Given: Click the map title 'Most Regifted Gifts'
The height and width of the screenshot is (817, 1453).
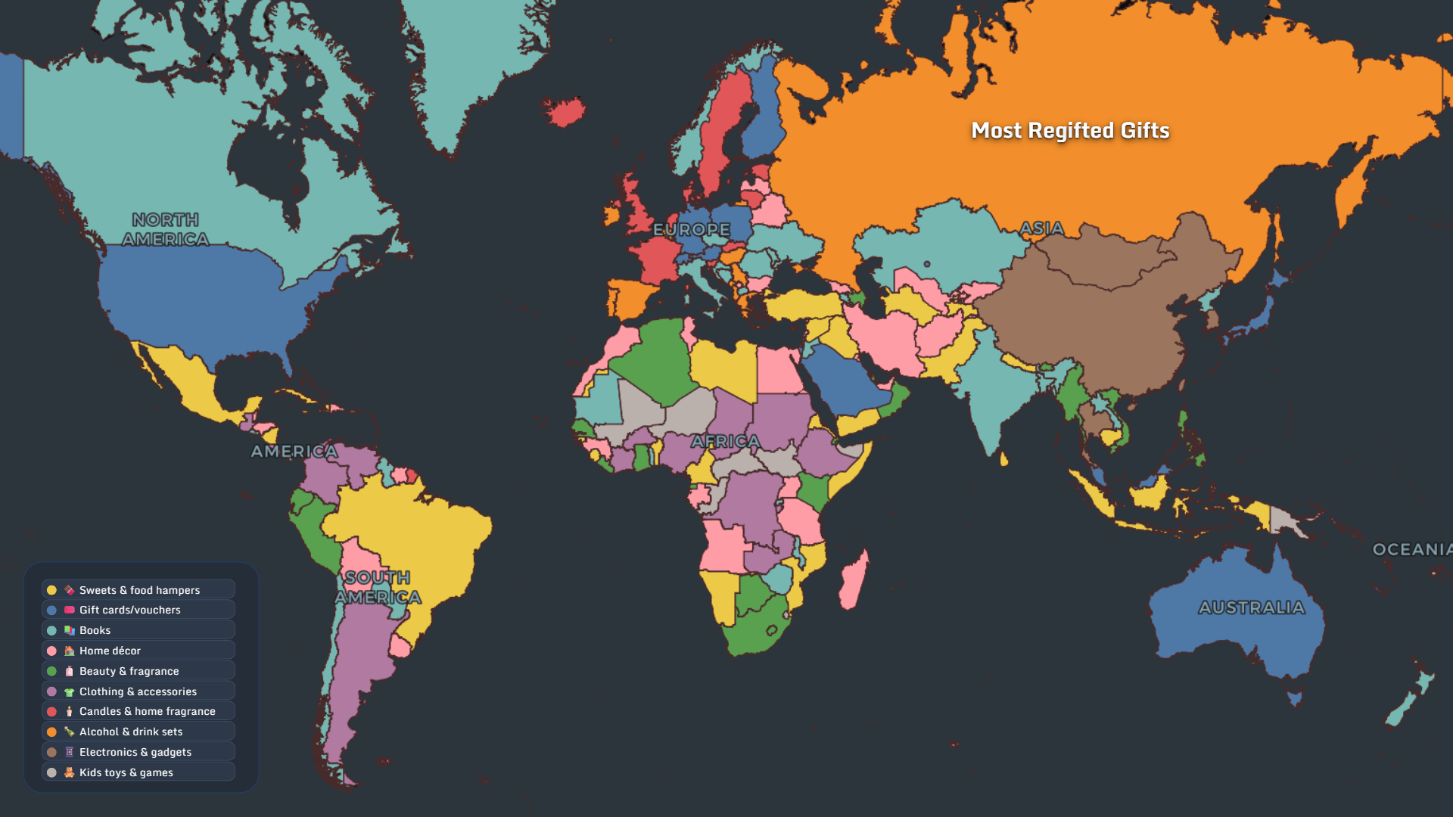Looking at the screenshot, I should pos(1070,131).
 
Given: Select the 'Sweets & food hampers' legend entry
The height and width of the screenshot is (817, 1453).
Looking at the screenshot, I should pos(139,590).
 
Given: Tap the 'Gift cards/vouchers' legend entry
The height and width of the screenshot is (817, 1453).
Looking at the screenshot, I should pos(129,610).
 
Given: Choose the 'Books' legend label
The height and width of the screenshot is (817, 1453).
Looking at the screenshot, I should pos(95,630).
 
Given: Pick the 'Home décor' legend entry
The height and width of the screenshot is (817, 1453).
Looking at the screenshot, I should pos(110,651).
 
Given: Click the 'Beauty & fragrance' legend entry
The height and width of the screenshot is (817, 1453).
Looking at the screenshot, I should pos(129,671).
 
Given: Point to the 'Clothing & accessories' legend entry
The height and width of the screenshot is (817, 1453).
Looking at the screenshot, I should pos(138,691).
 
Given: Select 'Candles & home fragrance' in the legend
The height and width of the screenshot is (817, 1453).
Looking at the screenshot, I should pos(147,711).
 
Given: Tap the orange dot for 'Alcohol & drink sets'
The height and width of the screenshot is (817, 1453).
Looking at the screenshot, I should pos(51,732).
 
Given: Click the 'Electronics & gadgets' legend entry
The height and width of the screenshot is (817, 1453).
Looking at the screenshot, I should pos(135,752).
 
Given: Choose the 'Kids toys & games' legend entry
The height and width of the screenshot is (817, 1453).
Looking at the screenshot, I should pos(126,772).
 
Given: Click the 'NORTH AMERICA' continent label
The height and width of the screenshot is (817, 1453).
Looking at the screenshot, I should pos(166,229).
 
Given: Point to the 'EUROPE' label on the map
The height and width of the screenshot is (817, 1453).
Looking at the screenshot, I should pos(691,229).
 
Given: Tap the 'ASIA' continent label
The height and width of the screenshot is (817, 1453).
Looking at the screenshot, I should pos(1041,228).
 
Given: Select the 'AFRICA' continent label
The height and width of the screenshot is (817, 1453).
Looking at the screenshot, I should pos(725,441).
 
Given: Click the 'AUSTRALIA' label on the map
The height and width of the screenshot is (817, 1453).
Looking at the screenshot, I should pos(1252,607).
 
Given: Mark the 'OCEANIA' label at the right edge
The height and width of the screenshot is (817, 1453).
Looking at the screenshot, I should pos(1411,549).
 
